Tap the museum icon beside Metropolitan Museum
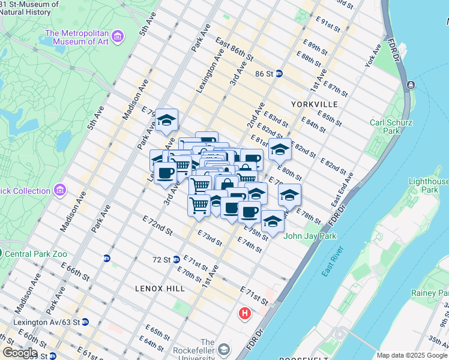(118, 37)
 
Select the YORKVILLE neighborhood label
(314, 104)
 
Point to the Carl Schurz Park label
(385, 127)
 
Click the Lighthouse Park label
(428, 186)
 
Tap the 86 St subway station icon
(280, 74)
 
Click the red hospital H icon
(244, 313)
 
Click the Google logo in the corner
(19, 353)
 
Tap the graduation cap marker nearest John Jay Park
(272, 221)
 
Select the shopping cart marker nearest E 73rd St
(199, 205)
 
